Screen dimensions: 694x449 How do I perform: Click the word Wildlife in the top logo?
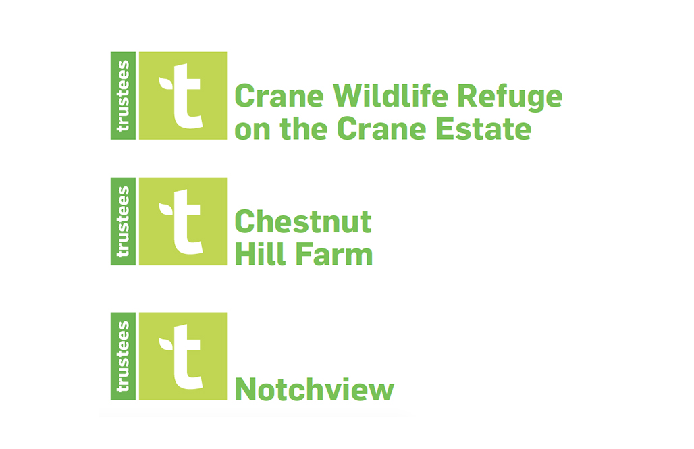point(390,95)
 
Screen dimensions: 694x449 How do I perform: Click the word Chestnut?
point(302,221)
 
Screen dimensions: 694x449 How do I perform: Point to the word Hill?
point(261,254)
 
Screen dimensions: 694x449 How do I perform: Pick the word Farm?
point(334,254)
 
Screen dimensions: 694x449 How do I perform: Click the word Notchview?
point(314,389)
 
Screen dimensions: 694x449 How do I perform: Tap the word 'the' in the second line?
point(304,128)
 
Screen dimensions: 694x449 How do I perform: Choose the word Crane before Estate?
point(381,128)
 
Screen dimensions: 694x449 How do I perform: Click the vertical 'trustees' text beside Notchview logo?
point(123,356)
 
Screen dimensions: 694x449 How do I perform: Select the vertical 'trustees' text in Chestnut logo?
point(123,222)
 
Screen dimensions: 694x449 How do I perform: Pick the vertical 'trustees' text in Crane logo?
point(123,96)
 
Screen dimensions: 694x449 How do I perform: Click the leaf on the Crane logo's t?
point(165,83)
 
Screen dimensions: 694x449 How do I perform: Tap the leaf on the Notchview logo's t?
point(165,343)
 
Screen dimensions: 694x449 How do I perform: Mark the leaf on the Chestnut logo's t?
point(165,209)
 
